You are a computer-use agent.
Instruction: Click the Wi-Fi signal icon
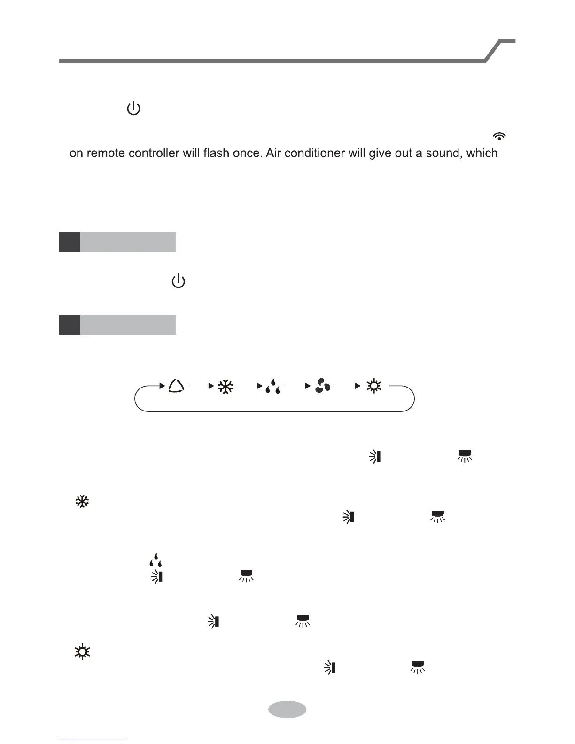(x=499, y=136)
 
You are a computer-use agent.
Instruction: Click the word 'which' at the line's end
(x=482, y=153)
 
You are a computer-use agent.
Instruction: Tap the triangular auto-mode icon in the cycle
(x=176, y=386)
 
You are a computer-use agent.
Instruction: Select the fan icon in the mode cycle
(x=323, y=386)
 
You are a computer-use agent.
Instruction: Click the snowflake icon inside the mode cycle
(x=225, y=387)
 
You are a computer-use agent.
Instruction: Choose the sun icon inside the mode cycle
(x=374, y=386)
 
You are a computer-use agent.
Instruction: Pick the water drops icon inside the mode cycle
(x=273, y=387)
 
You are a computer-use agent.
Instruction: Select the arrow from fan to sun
(x=347, y=386)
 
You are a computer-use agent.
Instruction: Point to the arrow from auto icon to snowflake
(x=202, y=386)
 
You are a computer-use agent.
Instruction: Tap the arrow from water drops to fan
(x=297, y=386)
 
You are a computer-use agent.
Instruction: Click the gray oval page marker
(x=287, y=709)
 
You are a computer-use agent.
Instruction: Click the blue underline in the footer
(x=93, y=740)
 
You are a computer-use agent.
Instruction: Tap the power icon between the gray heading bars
(x=179, y=282)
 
